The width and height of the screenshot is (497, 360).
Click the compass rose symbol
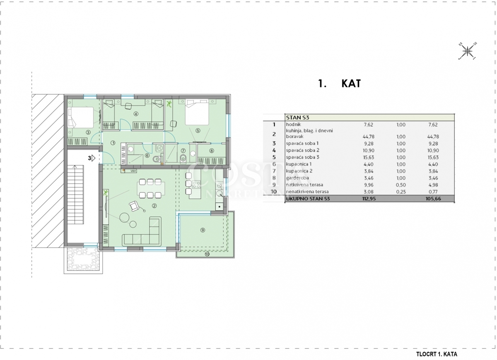[467, 51]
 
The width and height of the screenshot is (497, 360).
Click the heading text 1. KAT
[340, 83]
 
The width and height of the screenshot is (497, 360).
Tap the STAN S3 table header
[298, 118]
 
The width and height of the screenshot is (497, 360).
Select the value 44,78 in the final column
[433, 137]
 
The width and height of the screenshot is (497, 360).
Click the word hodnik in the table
[293, 125]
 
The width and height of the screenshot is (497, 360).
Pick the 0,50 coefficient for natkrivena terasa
[401, 185]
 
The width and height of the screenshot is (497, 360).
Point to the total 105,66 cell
[433, 199]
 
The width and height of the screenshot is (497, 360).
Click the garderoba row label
[297, 178]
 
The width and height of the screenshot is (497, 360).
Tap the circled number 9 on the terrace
[203, 230]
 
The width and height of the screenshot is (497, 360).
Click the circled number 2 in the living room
[154, 206]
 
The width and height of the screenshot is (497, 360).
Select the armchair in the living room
[134, 206]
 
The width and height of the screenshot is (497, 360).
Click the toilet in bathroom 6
[157, 159]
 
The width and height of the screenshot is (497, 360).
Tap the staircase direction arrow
[75, 194]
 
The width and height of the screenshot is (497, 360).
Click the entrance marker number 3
[89, 158]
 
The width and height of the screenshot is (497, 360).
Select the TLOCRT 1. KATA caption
[437, 354]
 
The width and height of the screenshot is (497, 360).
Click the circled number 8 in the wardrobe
[212, 151]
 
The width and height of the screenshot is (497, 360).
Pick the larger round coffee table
[124, 218]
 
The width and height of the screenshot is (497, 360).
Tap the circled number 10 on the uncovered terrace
[207, 254]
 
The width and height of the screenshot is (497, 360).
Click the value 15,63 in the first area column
[368, 157]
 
